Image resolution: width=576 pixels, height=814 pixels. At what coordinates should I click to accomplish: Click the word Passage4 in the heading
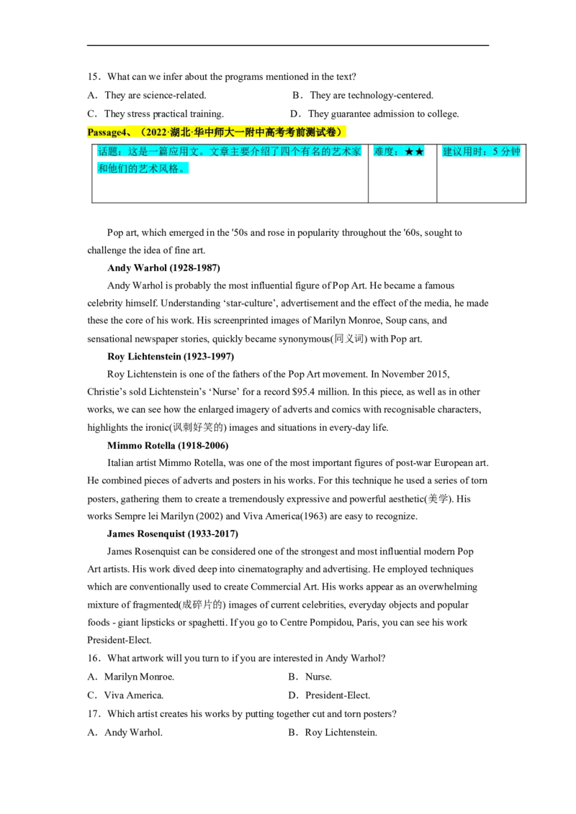(x=104, y=132)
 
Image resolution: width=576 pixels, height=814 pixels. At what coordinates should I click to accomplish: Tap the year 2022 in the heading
(x=156, y=132)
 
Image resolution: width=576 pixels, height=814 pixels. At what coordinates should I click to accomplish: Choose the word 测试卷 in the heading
(x=321, y=132)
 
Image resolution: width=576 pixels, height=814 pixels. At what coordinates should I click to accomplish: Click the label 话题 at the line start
(x=107, y=152)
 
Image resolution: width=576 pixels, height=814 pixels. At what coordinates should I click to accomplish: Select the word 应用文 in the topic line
(x=183, y=152)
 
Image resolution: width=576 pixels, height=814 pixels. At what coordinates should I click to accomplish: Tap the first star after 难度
(x=409, y=152)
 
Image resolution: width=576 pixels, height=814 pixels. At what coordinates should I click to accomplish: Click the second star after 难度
(x=420, y=152)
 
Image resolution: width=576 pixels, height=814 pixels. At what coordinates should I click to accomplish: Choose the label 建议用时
(x=462, y=152)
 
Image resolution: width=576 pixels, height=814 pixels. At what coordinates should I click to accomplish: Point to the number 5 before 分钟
(x=496, y=152)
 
